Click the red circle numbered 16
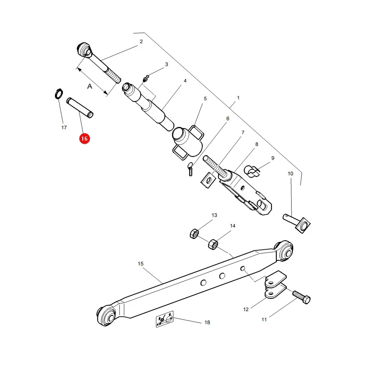84,139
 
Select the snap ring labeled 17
59,94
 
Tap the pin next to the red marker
80,108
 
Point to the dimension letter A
90,86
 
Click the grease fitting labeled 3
146,79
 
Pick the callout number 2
141,42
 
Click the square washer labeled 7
208,180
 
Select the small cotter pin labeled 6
190,169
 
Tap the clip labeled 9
252,171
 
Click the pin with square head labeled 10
297,223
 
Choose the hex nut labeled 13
194,234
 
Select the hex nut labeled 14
213,244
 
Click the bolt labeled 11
301,297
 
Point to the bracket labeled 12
275,284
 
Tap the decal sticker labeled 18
165,319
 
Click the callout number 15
140,264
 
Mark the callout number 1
238,98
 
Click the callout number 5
205,99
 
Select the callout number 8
257,144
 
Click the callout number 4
185,81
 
